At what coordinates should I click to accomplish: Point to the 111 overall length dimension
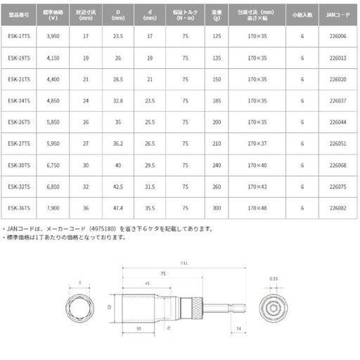pos(184,263)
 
